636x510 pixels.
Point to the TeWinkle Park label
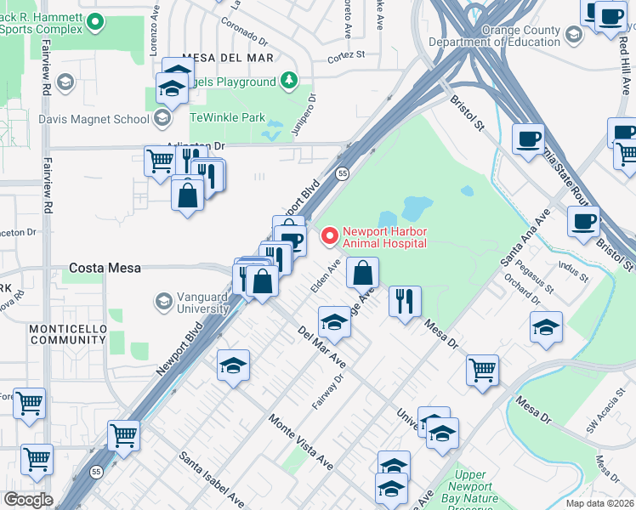pos(227,118)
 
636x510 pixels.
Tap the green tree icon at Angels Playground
pos(290,81)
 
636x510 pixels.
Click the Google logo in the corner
pos(28,499)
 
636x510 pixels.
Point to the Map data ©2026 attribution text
pos(600,503)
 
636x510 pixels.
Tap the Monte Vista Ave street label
pos(300,442)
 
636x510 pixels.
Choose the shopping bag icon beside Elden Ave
pos(362,273)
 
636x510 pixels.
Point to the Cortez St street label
pos(347,58)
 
